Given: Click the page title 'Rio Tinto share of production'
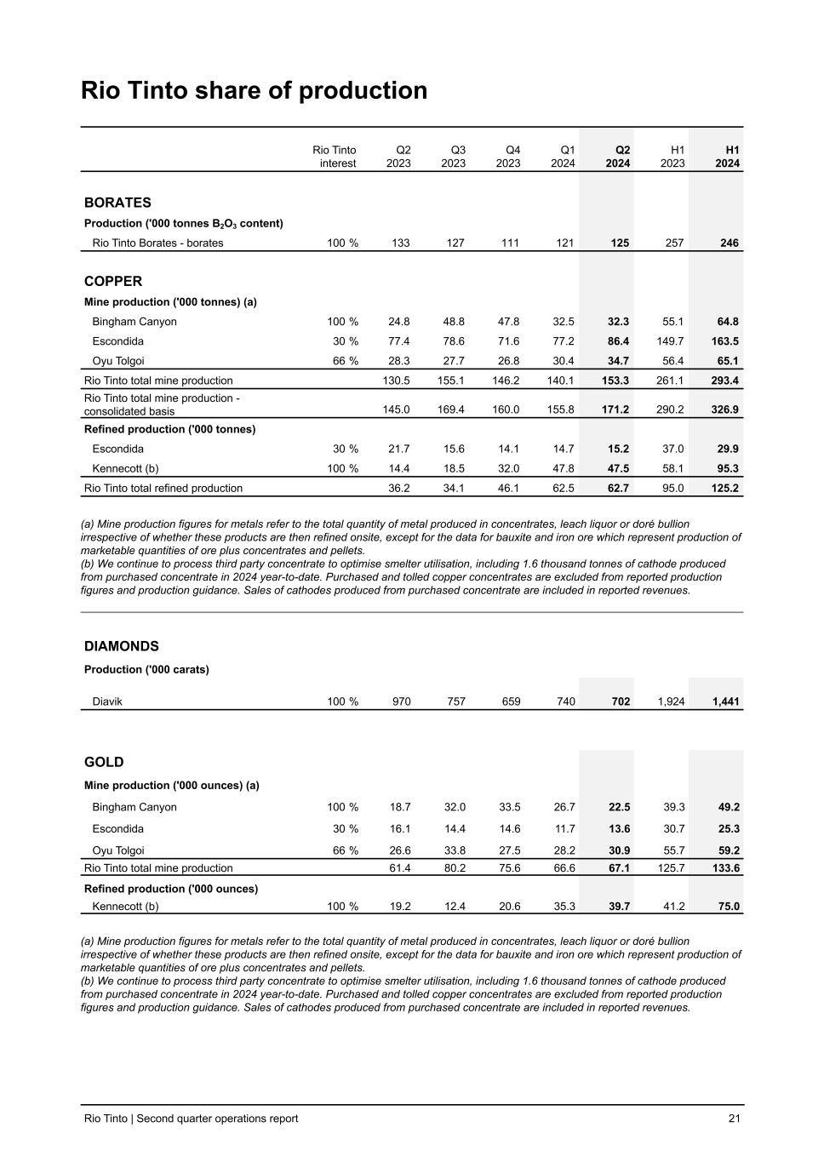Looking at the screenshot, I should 254,90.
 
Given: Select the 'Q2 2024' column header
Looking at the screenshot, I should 617,157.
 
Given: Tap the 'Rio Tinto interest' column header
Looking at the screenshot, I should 335,157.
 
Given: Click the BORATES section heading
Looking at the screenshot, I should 117,203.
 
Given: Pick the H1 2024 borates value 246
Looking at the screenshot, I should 729,243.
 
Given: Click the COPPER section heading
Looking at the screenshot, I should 113,281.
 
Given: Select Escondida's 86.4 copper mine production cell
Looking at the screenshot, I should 618,341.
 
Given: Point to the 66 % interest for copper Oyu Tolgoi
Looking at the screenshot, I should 345,361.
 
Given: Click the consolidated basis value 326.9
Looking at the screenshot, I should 724,409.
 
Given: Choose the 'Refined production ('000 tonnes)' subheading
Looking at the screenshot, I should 169,429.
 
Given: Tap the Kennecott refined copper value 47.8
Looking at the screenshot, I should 563,468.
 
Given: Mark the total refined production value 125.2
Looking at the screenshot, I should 724,489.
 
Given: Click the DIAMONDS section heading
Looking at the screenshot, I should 122,646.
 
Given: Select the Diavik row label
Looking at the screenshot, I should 107,701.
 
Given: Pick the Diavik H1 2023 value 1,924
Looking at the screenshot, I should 671,701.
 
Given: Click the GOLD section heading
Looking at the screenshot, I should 104,762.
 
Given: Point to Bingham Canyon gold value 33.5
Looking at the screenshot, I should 508,807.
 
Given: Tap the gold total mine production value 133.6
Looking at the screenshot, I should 724,868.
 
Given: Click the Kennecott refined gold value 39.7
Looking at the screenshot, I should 619,907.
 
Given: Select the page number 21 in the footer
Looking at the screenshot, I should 735,1119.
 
